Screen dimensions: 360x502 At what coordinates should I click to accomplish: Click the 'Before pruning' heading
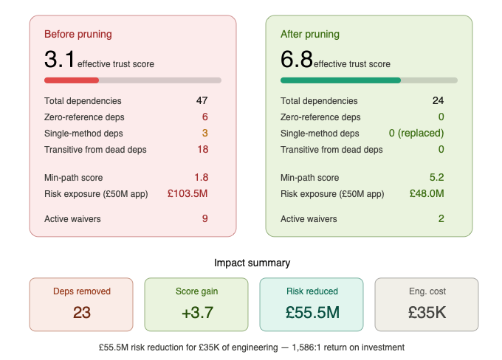78,34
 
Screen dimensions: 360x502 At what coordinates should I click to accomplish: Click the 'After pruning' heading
310,34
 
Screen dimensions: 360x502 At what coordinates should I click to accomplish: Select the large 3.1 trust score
60,59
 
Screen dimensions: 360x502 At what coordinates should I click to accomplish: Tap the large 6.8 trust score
296,59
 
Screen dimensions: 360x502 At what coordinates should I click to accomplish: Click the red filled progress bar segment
72,80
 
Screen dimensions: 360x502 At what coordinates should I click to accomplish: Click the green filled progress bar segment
340,80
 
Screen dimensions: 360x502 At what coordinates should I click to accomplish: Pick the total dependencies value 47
202,100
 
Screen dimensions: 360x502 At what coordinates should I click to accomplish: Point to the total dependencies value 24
438,100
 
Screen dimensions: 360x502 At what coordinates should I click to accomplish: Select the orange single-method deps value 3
205,133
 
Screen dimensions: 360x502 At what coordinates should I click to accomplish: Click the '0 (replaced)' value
416,133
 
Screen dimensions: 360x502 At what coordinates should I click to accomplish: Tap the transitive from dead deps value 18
202,149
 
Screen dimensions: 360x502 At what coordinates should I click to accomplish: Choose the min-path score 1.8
201,177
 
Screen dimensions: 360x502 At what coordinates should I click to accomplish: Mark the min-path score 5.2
437,177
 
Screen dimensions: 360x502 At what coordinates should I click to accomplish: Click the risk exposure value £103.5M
188,193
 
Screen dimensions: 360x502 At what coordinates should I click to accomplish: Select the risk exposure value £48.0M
427,193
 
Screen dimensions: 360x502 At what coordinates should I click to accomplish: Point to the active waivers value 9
205,218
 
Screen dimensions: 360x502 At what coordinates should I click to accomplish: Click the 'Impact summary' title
252,263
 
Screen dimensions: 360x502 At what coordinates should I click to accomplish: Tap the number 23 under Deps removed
82,312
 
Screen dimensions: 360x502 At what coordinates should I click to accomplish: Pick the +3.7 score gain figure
197,312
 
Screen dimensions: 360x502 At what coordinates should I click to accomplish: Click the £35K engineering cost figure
427,312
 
